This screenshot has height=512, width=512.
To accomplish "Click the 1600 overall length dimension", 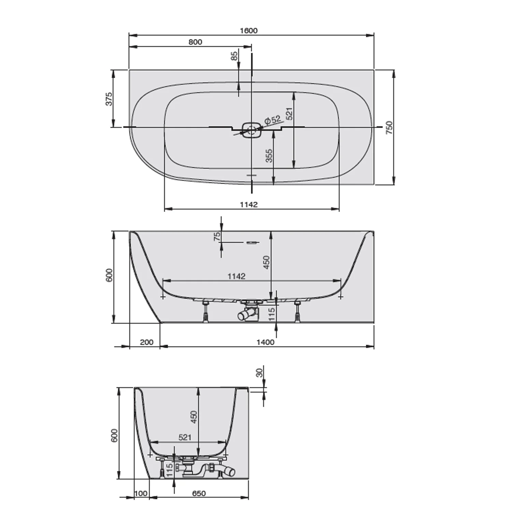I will (248, 31).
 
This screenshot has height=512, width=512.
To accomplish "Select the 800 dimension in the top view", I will (195, 42).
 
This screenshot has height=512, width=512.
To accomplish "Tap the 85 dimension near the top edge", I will (234, 56).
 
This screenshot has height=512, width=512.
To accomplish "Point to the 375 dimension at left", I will (109, 99).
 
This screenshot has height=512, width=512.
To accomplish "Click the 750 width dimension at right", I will (389, 127).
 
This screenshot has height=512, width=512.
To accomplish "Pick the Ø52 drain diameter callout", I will (273, 120).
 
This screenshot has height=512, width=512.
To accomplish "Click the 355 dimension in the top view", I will (269, 155).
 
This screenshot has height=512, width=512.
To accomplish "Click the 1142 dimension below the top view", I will (248, 204).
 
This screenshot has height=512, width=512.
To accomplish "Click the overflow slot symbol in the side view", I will (252, 242).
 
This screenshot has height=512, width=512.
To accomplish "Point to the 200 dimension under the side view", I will (146, 342).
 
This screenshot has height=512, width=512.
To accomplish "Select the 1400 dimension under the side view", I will (265, 342).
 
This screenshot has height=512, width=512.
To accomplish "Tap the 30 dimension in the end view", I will (260, 373).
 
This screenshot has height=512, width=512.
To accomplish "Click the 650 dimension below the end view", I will (199, 493).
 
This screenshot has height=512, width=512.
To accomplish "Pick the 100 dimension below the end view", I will (141, 493).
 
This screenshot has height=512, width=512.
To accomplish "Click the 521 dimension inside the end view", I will (185, 437).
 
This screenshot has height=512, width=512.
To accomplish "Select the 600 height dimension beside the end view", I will (114, 435).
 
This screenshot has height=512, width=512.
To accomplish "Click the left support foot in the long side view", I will (206, 311).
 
